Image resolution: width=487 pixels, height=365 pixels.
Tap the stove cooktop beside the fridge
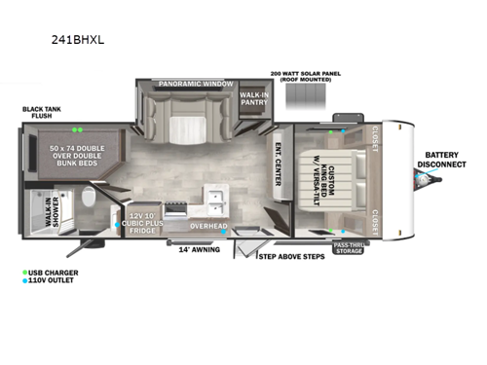178,207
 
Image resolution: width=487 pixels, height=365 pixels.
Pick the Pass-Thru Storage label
349,248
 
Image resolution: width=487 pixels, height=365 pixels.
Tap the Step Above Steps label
291,258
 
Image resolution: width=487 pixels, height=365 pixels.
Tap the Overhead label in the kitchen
208,227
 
